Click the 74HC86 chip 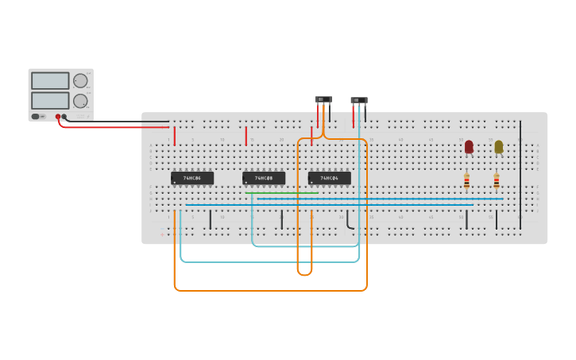(192, 178)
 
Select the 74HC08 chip (264, 178)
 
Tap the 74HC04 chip (329, 178)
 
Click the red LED (469, 146)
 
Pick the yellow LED (498, 146)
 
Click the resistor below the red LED (466, 182)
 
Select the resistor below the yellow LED (497, 182)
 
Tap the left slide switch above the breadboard (323, 99)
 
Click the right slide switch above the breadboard (359, 100)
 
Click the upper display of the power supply (50, 81)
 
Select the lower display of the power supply (50, 101)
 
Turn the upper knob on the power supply (80, 81)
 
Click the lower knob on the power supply (80, 101)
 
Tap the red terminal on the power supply (58, 117)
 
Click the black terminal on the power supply (64, 117)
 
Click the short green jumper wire (282, 193)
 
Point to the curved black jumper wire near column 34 (348, 222)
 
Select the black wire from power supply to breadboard (119, 122)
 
